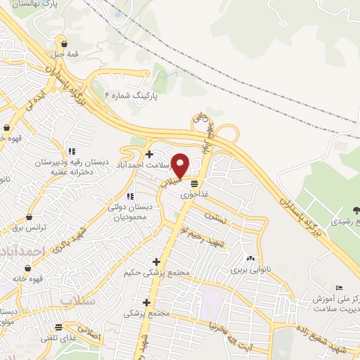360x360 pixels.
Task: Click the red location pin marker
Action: pyautogui.click(x=181, y=165)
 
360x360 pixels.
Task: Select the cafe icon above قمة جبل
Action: pyautogui.click(x=63, y=42)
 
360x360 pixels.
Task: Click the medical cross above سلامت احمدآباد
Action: pyautogui.click(x=148, y=154)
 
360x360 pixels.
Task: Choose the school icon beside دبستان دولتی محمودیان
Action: pyautogui.click(x=129, y=195)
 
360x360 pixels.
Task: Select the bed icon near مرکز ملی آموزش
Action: pyautogui.click(x=340, y=288)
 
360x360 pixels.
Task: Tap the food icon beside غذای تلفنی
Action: pyautogui.click(x=59, y=327)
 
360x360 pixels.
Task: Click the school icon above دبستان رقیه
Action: pyautogui.click(x=71, y=150)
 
